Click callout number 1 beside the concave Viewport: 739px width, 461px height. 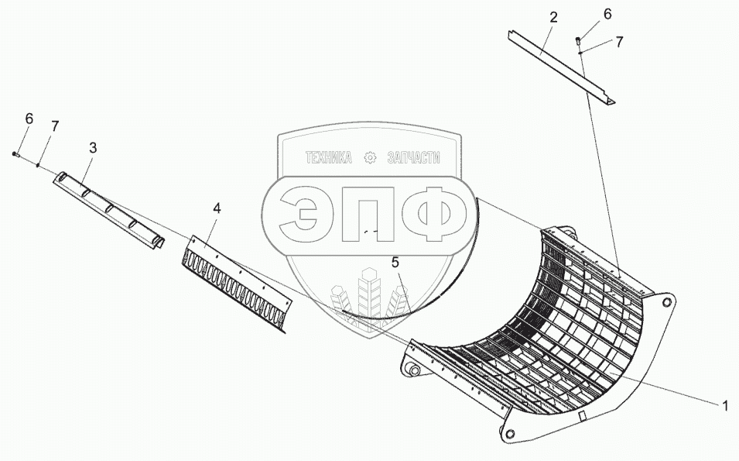(725, 404)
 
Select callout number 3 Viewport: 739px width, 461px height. (92, 146)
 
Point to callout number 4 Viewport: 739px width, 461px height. (217, 208)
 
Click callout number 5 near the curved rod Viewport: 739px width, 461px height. (395, 263)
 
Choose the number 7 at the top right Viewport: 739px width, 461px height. (619, 43)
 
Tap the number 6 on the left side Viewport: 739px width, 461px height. (29, 119)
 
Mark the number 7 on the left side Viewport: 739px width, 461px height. (54, 126)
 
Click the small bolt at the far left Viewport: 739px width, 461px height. (16, 155)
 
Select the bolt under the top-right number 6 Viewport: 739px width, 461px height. (578, 41)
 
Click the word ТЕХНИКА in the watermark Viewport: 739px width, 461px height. (328, 158)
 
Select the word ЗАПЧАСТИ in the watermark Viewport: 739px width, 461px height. (412, 158)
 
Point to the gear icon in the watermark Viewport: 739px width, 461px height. (370, 158)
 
